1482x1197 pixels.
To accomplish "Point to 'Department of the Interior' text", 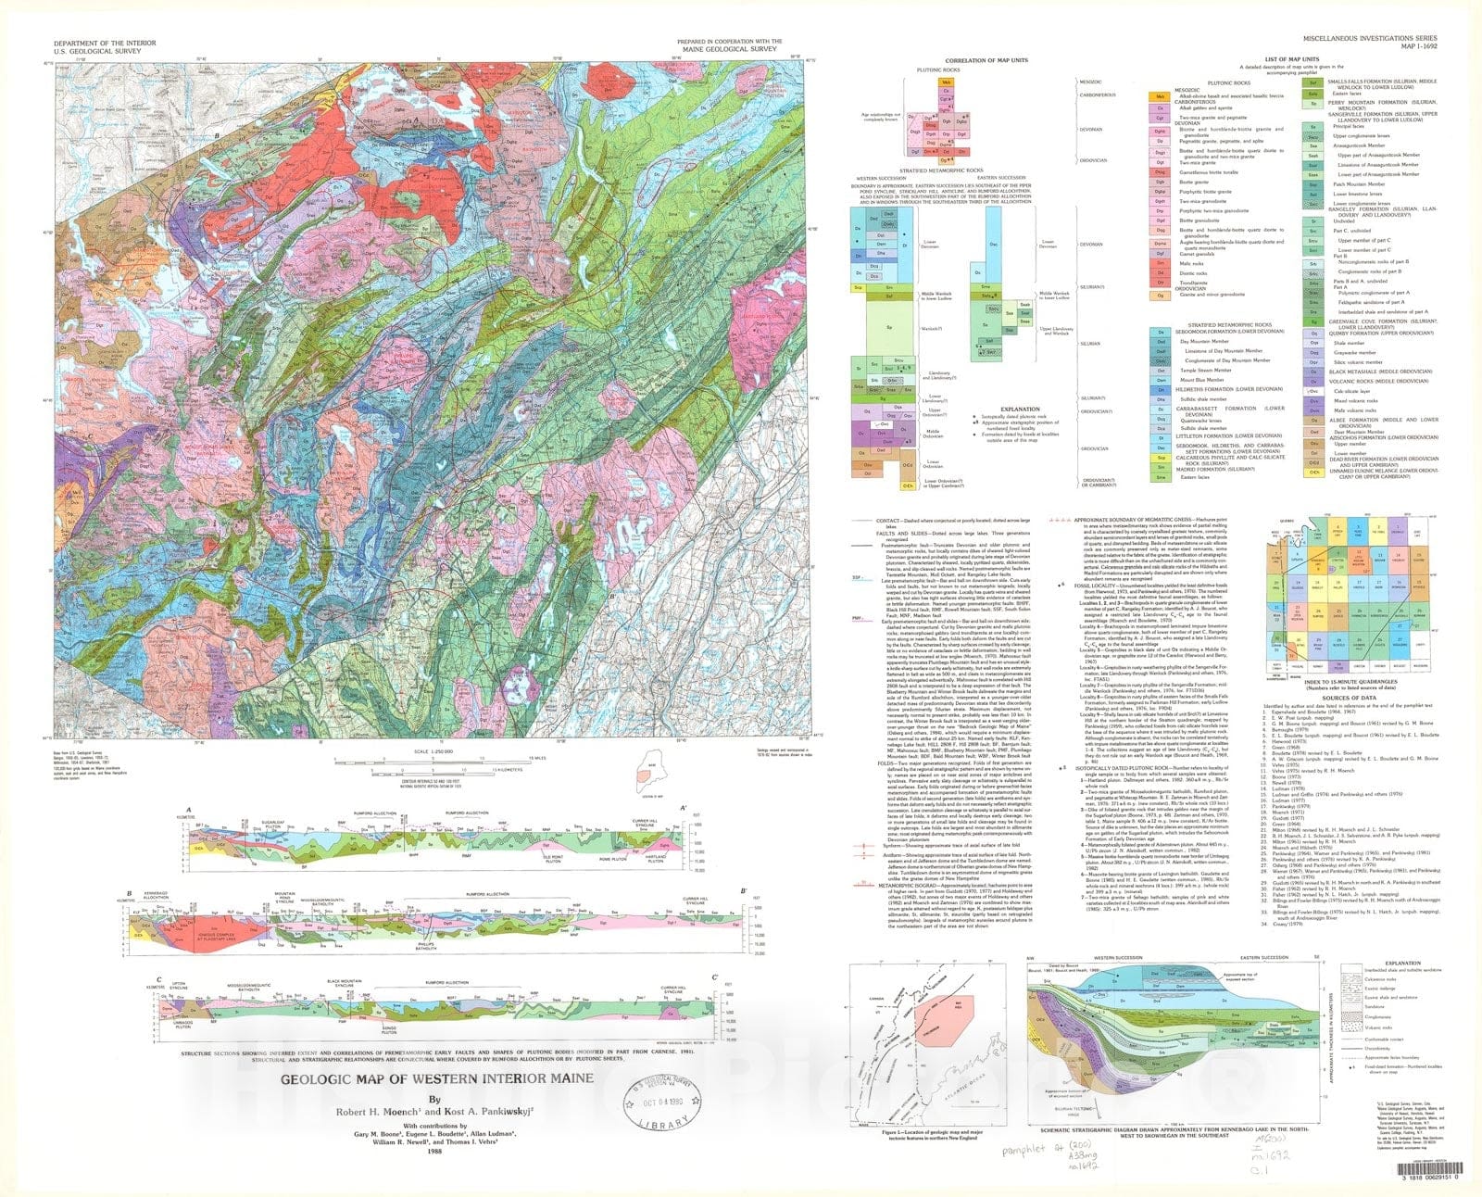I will click(x=92, y=43).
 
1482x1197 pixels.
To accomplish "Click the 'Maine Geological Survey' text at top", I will click(x=730, y=50).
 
